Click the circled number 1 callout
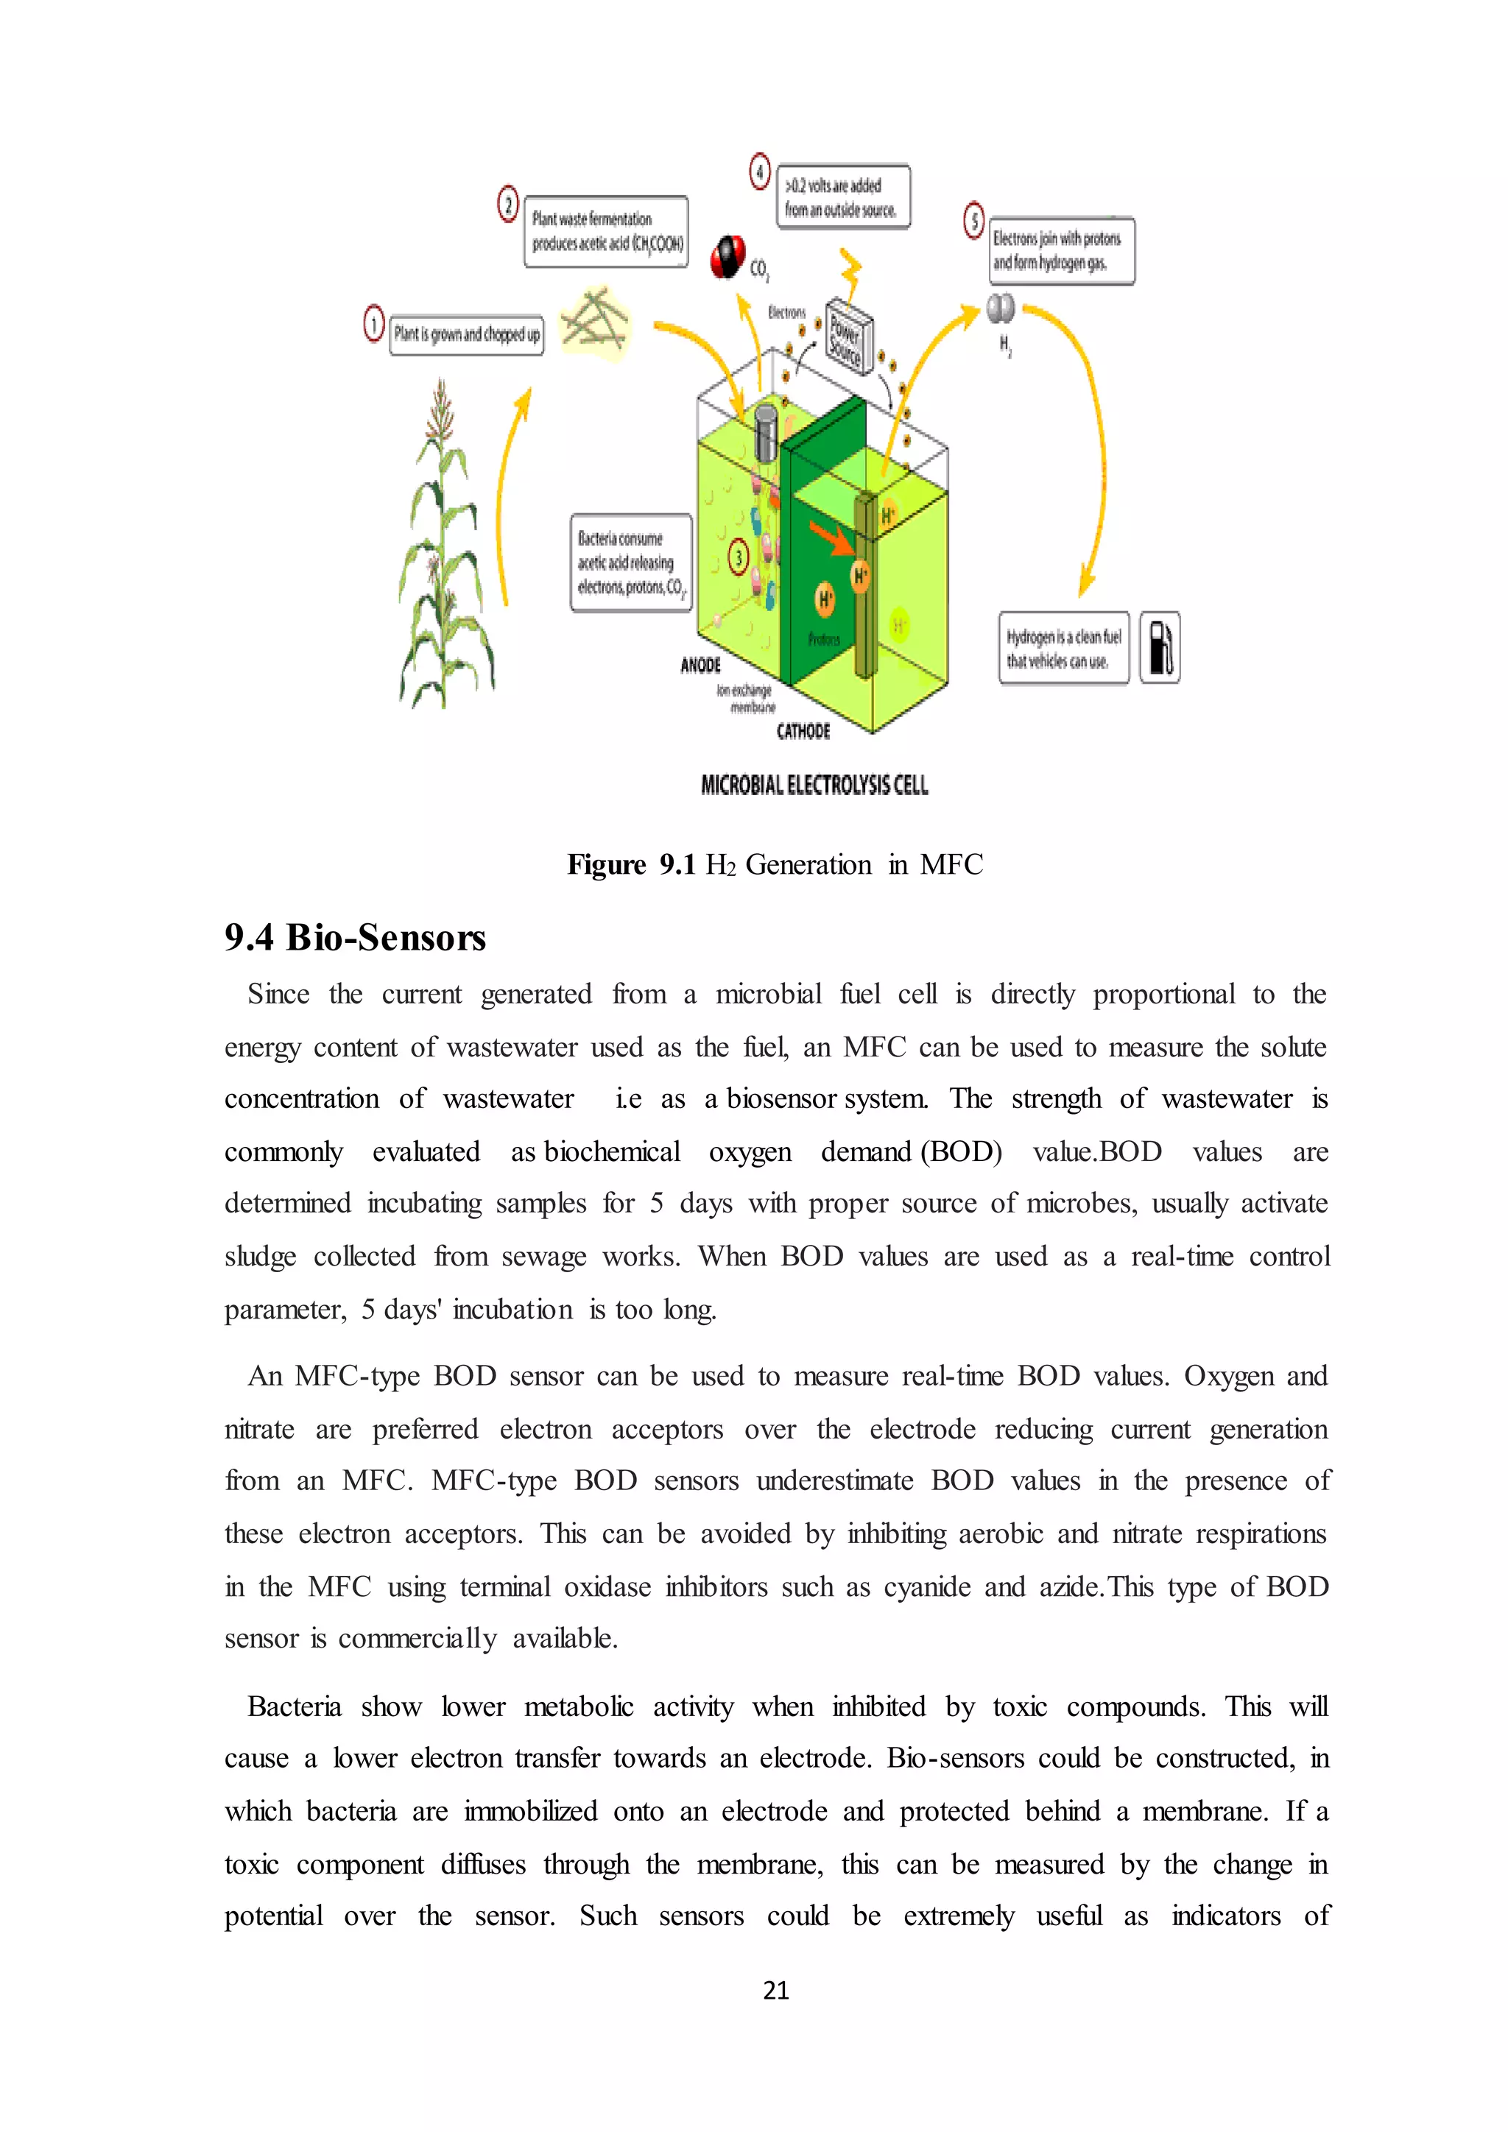(373, 325)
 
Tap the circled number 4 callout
(760, 172)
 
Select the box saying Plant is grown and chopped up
(466, 334)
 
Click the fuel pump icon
(1160, 647)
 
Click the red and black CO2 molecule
(727, 257)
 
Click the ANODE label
(700, 665)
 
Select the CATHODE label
(803, 732)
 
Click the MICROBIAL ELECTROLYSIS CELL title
(814, 786)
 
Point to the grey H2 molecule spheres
(1000, 308)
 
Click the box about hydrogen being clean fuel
(1063, 648)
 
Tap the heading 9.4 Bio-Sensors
(355, 937)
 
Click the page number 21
(775, 1989)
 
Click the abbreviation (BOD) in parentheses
(961, 1151)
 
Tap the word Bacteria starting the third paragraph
(295, 1706)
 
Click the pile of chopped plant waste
(595, 320)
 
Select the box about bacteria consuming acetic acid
(630, 562)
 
